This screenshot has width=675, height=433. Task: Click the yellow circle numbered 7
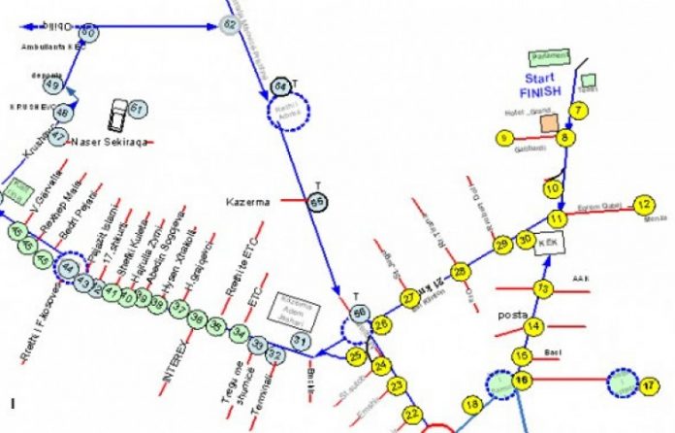pos(579,111)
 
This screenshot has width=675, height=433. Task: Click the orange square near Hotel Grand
pos(549,123)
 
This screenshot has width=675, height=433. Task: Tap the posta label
pos(513,316)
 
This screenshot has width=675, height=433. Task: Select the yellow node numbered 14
pos(534,326)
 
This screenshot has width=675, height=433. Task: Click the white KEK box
pos(549,244)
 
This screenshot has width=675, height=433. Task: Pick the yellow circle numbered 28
pos(462,271)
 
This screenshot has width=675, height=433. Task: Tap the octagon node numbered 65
pos(318,202)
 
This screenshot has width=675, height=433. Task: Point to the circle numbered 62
pos(231,24)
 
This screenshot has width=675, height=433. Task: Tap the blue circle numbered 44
pos(68,267)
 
